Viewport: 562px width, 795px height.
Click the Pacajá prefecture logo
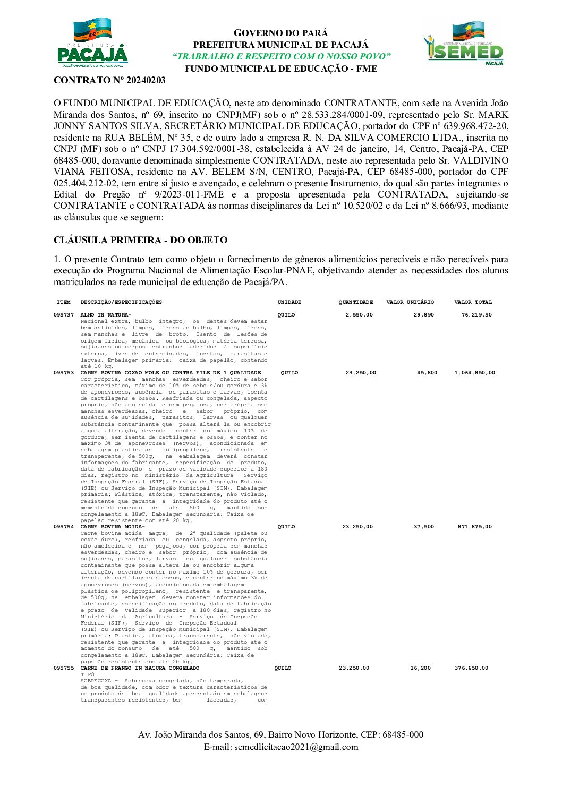pyautogui.click(x=92, y=44)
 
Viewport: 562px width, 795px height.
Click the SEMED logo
pyautogui.click(x=463, y=44)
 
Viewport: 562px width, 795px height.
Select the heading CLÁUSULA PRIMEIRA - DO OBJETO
pyautogui.click(x=140, y=240)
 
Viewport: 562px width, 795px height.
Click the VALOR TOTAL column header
pyautogui.click(x=473, y=302)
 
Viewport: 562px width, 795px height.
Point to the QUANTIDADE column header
pyautogui.click(x=356, y=302)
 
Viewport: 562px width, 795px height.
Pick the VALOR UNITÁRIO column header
pyautogui.click(x=410, y=302)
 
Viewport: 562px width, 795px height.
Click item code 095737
pyautogui.click(x=64, y=315)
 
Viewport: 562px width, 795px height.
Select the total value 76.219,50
pyautogui.click(x=476, y=315)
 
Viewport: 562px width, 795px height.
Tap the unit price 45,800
pyautogui.click(x=427, y=373)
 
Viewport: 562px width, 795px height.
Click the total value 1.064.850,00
pyautogui.click(x=474, y=373)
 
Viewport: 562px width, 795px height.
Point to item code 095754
pyautogui.click(x=64, y=527)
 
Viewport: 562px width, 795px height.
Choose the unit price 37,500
pyautogui.click(x=424, y=527)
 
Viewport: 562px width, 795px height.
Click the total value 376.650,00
pyautogui.click(x=471, y=668)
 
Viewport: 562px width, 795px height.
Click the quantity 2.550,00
pyautogui.click(x=359, y=315)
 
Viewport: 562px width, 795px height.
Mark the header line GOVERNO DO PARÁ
pyautogui.click(x=281, y=33)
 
